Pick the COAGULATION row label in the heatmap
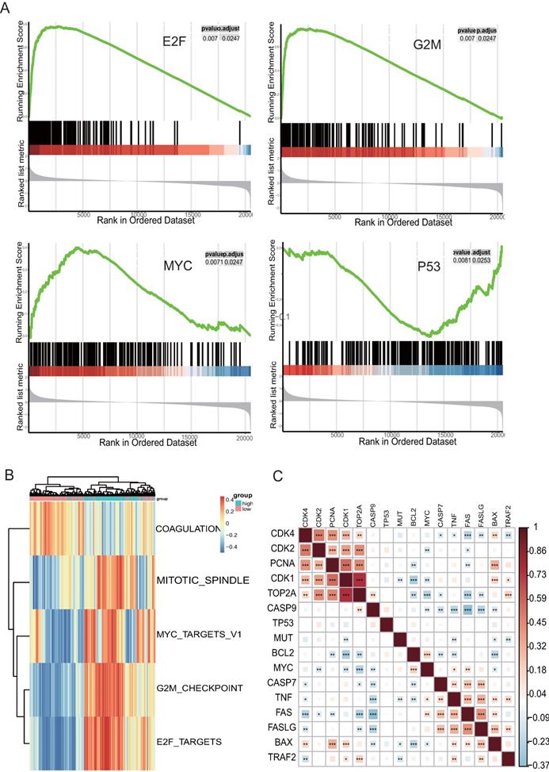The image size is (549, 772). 192,528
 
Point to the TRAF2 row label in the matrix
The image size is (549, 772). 277,756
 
